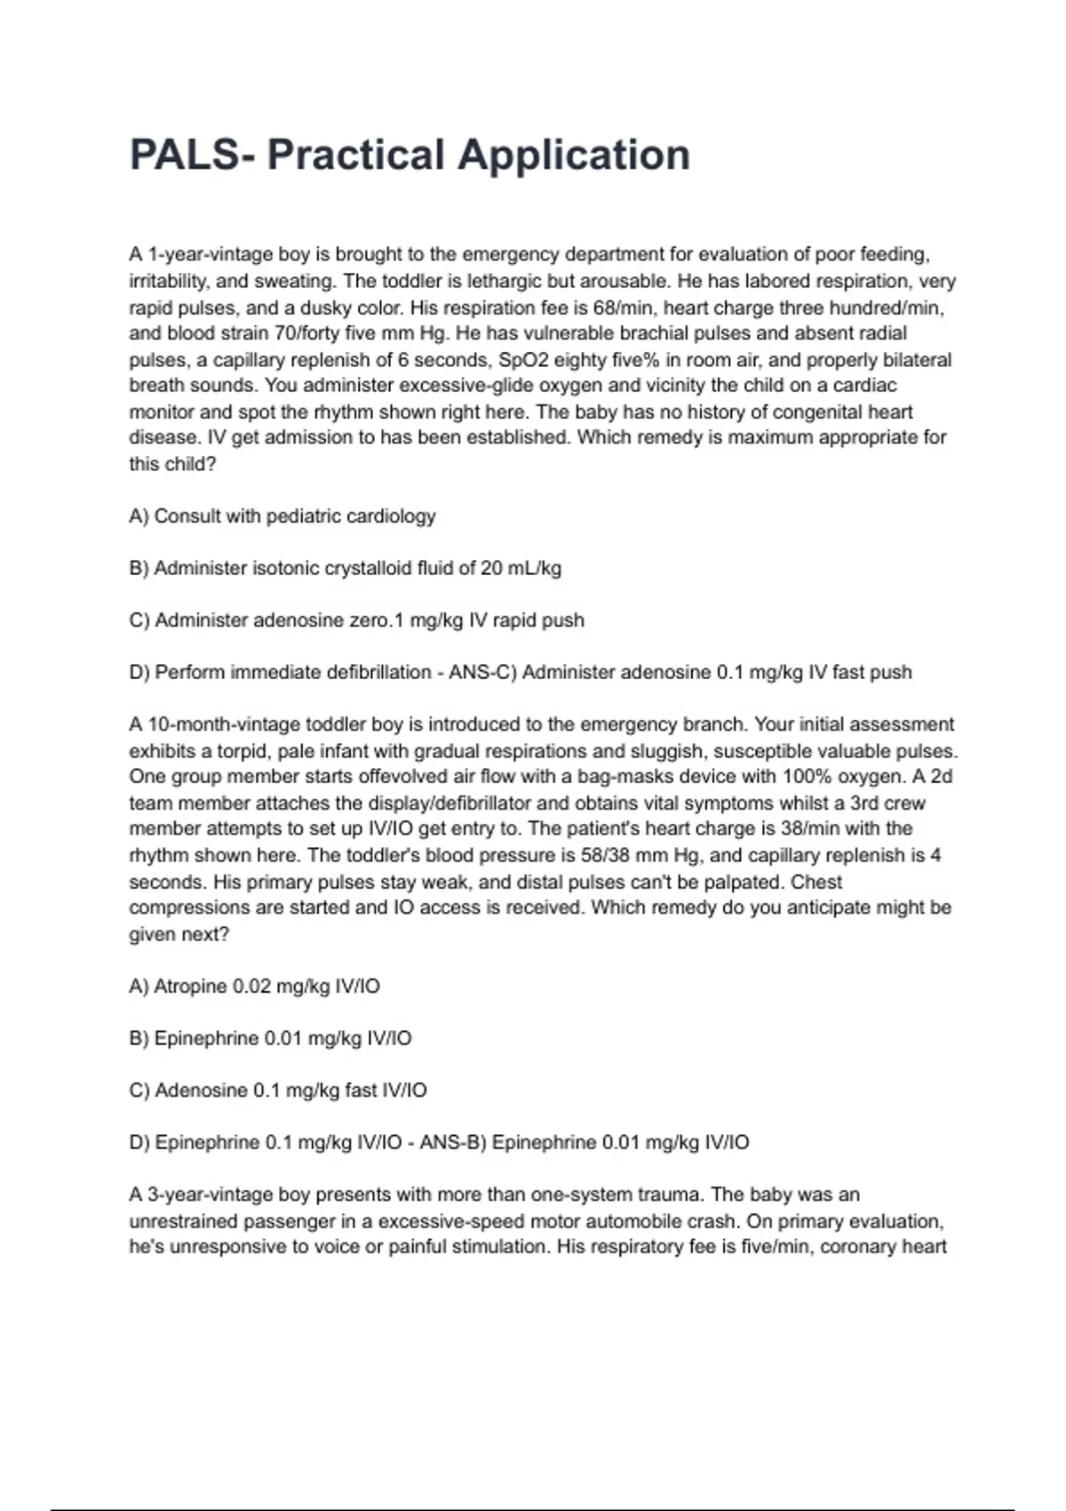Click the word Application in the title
pos(573,155)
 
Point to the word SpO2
pos(522,360)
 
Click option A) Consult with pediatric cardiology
pos(282,516)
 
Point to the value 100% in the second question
pos(805,776)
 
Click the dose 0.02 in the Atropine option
pos(251,987)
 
